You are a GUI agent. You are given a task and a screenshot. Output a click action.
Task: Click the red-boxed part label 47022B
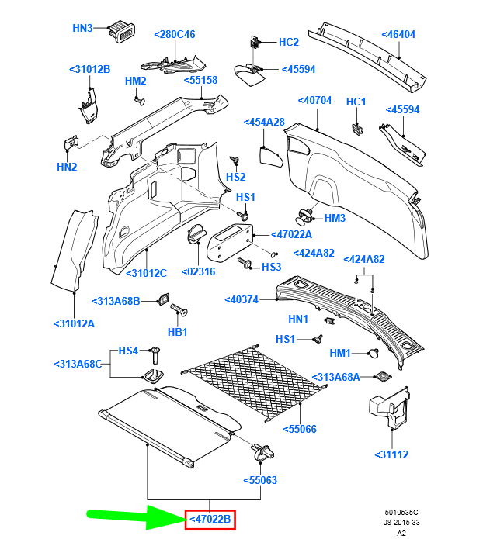[210, 520]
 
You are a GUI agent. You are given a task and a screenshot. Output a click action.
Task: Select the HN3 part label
[82, 28]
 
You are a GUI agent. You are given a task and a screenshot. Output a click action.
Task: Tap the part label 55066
[300, 429]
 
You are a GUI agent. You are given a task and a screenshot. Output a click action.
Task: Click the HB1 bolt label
[178, 332]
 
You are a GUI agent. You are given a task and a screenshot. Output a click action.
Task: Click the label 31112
[391, 454]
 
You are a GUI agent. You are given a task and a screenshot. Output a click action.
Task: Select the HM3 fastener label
[335, 219]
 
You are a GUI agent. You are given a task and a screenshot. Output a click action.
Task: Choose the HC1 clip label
[356, 102]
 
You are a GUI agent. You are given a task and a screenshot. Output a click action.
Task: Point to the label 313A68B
[116, 301]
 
